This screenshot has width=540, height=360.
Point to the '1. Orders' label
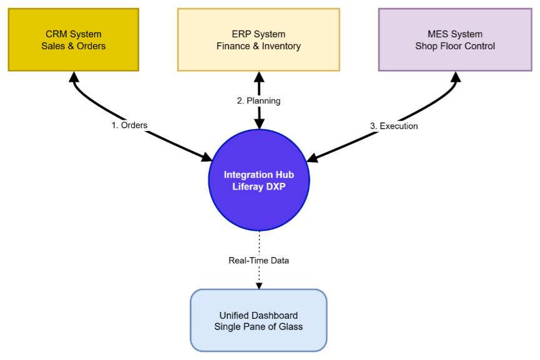(x=129, y=125)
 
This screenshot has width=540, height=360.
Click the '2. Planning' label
(x=258, y=100)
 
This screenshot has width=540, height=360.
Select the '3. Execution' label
(x=394, y=126)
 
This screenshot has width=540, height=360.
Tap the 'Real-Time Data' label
(x=258, y=260)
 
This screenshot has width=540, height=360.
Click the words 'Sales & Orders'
(x=74, y=46)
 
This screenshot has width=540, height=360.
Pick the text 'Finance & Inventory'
(x=258, y=46)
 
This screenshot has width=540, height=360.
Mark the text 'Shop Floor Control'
(x=455, y=46)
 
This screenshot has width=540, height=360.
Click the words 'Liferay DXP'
(x=258, y=187)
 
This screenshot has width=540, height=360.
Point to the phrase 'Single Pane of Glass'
(x=258, y=326)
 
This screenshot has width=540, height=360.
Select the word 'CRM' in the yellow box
(x=56, y=34)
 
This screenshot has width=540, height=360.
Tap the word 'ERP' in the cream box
(x=241, y=34)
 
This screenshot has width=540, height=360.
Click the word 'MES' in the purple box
(x=438, y=34)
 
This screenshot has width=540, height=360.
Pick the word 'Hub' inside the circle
(x=284, y=175)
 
